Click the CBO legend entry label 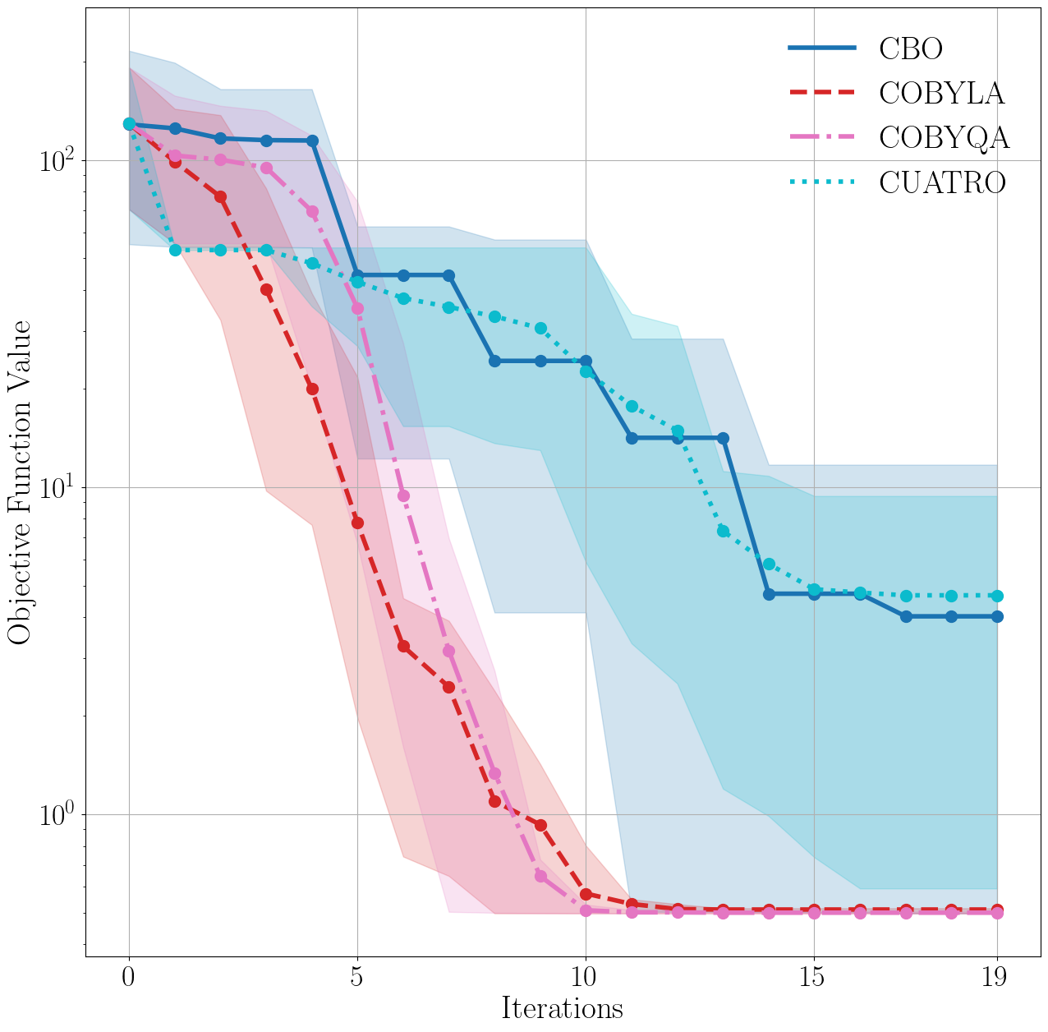coord(911,48)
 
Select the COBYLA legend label coord(941,93)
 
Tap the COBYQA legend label coord(944,137)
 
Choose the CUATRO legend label coord(942,182)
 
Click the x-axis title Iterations coord(563,1008)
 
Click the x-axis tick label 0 coord(129,977)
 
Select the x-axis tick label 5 coord(357,977)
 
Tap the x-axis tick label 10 coord(585,977)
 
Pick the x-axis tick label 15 coord(813,977)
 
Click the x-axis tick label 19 coord(996,977)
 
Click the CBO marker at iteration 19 coord(997,616)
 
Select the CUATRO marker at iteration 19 coord(997,596)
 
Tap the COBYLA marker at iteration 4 coord(312,389)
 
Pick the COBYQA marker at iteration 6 coord(403,495)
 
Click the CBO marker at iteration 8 coord(494,361)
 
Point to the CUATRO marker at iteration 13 coord(723,531)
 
